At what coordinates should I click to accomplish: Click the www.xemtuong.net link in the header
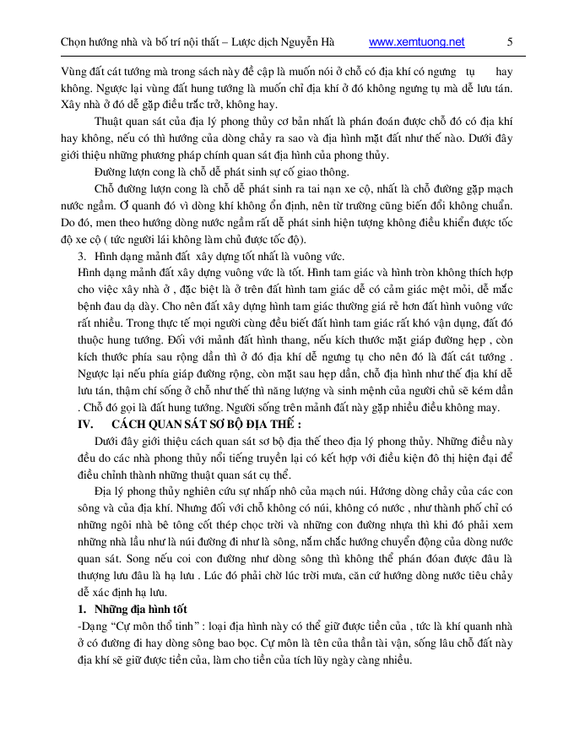pos(417,41)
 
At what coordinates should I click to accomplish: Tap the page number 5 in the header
pos(510,41)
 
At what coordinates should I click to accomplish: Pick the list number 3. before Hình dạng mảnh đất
pos(82,255)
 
